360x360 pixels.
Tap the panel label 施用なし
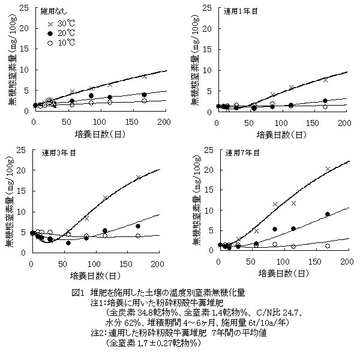pos(52,11)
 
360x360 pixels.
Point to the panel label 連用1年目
pos(239,11)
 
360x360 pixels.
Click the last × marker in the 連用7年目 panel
pos(328,169)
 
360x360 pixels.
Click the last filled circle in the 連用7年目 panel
pos(328,214)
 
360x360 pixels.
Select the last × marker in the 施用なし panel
pos(144,76)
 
